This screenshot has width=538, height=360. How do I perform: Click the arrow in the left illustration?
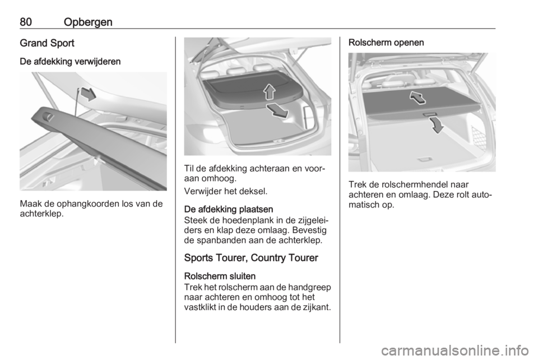(88, 94)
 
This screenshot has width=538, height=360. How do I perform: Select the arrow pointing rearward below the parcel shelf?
(279, 111)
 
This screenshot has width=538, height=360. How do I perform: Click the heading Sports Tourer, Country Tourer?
(252, 258)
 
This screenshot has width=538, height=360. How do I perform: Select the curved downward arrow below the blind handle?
(437, 125)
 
